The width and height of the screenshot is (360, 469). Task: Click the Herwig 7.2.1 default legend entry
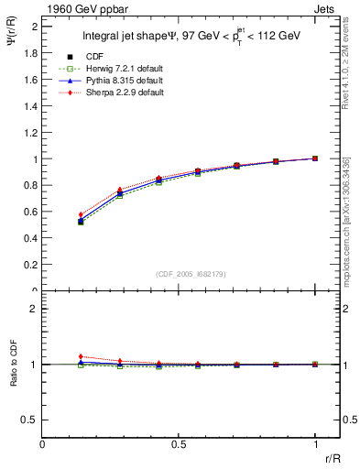click(x=120, y=70)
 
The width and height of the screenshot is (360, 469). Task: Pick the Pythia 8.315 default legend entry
click(x=119, y=82)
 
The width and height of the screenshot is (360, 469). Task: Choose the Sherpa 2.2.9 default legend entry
click(x=120, y=93)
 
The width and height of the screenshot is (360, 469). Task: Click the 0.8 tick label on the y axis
click(x=30, y=186)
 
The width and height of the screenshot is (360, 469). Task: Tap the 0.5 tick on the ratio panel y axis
click(x=30, y=420)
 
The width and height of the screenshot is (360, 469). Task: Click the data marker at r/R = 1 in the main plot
click(x=315, y=158)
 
